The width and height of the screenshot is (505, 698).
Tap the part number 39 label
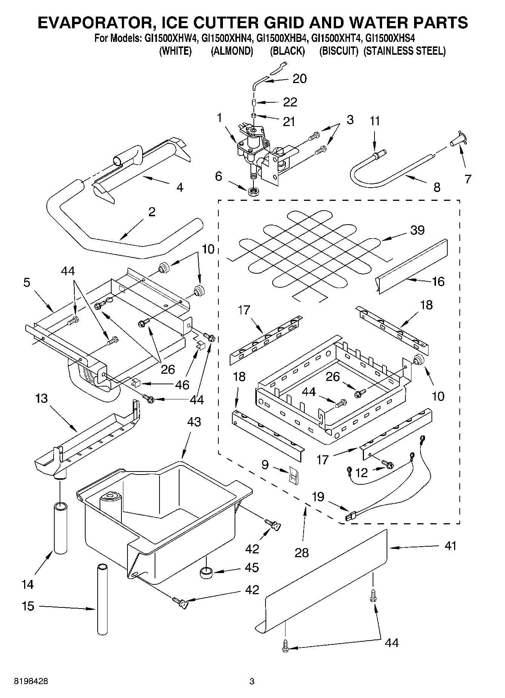(x=417, y=230)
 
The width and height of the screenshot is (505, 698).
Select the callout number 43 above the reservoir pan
(x=194, y=422)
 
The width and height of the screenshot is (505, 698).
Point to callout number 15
(x=28, y=606)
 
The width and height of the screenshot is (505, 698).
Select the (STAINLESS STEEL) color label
(x=404, y=51)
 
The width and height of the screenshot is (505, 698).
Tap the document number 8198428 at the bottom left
(x=31, y=681)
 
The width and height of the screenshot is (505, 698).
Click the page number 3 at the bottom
(x=252, y=681)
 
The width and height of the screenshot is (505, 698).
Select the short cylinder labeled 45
(x=206, y=573)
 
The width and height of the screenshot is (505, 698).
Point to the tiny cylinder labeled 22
(x=254, y=102)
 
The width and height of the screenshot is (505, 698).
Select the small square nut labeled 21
(x=254, y=116)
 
